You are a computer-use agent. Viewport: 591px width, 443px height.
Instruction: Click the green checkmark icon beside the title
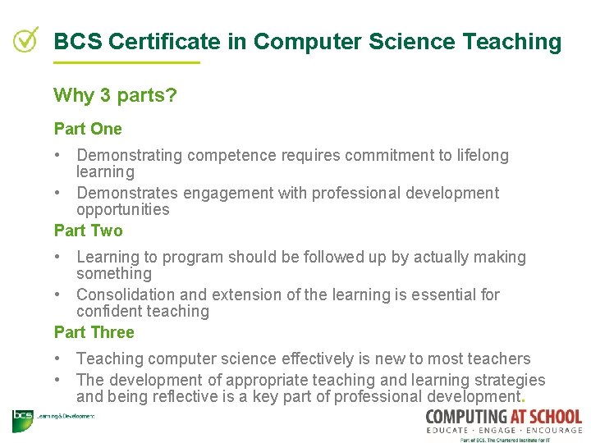(25, 39)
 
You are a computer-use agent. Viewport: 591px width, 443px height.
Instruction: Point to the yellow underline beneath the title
(126, 63)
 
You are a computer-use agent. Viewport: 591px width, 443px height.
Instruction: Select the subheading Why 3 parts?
(115, 95)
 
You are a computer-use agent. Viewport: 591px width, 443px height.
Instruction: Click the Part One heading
(88, 129)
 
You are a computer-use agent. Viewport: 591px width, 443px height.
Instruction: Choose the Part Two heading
(88, 231)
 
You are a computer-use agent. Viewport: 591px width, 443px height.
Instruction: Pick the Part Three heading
(94, 332)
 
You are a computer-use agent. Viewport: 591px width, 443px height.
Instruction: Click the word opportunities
(122, 210)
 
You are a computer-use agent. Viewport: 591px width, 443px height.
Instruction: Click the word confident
(108, 312)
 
